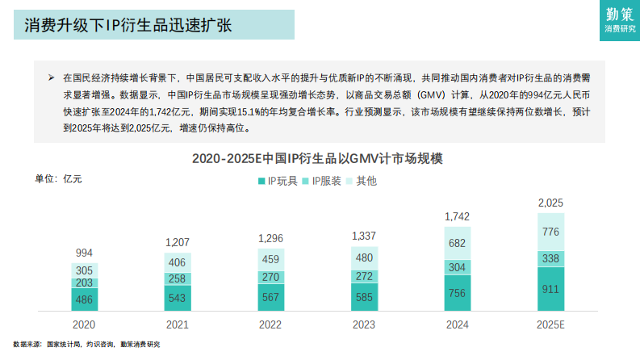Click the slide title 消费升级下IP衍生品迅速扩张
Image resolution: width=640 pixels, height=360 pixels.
[128, 25]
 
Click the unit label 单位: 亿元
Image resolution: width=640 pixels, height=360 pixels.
[57, 178]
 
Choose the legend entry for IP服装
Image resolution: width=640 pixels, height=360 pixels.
[322, 181]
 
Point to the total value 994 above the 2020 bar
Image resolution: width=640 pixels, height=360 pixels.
[84, 253]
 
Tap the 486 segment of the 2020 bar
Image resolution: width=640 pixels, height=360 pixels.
[84, 299]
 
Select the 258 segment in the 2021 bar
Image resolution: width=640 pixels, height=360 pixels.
[178, 278]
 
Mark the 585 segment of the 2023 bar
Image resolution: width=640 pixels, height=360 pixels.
[363, 298]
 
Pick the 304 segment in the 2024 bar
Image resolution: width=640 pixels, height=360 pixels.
[458, 267]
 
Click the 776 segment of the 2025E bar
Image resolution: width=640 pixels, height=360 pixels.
[550, 232]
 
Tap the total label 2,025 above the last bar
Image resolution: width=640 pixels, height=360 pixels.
[550, 203]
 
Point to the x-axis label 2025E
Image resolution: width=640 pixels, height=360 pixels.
[550, 324]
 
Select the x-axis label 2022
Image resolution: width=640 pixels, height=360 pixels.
[270, 324]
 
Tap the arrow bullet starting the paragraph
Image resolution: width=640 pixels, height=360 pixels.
[51, 78]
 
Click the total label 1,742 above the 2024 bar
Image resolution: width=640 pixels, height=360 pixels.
[458, 216]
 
